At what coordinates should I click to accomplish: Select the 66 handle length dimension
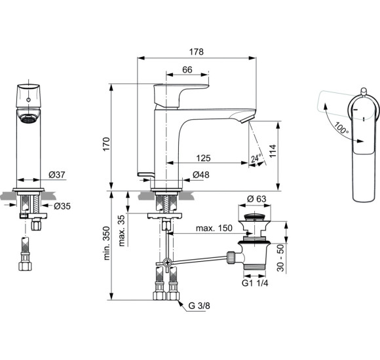187,70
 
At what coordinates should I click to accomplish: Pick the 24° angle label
256,158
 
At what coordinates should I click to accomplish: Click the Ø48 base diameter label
200,175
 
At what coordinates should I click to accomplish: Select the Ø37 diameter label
57,175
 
